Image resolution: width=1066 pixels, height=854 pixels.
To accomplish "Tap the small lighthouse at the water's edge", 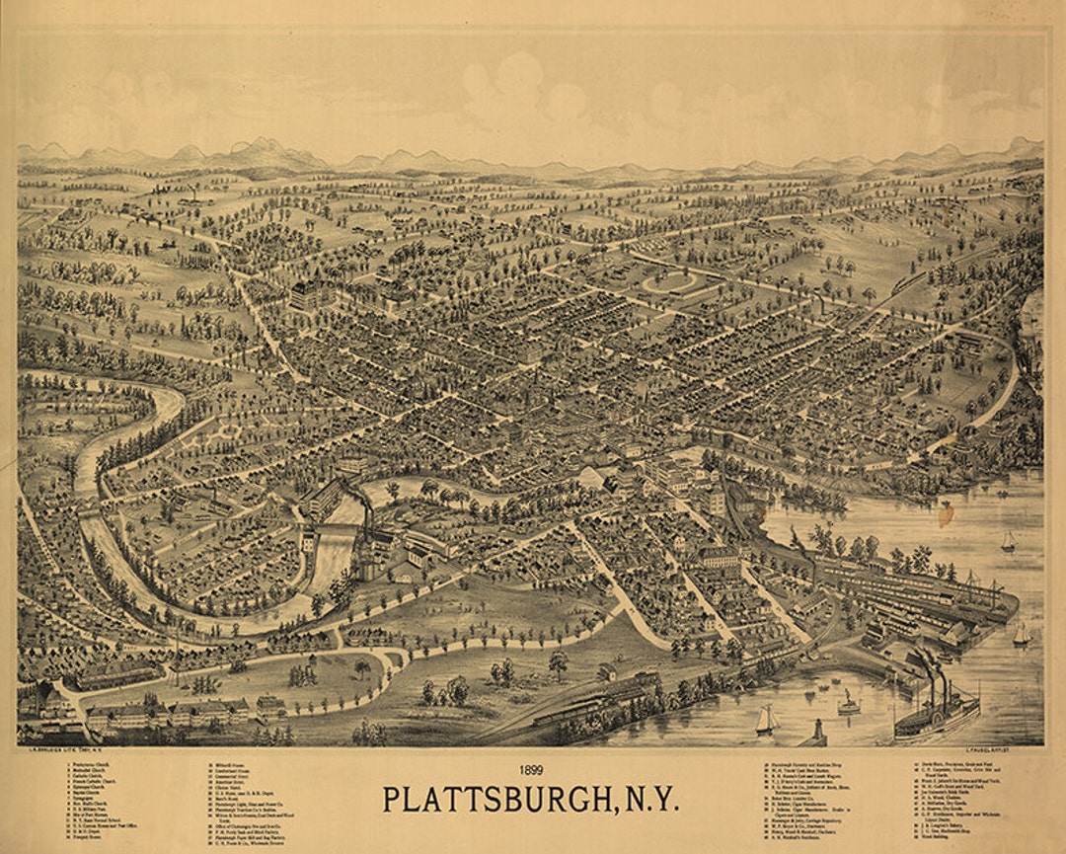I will pos(815,732).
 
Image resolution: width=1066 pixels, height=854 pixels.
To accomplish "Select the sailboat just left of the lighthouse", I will pos(765,721).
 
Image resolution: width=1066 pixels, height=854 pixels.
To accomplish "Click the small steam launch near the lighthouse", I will pos(848,704).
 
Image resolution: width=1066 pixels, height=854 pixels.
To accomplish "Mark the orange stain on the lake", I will pos(946,513).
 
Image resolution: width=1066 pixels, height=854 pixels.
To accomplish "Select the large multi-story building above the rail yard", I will pos(720,558).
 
